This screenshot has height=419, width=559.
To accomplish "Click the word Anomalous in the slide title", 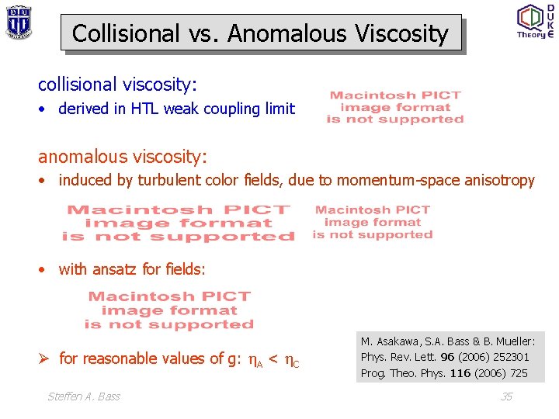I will [287, 33].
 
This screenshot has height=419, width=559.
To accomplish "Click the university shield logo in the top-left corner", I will [18, 22].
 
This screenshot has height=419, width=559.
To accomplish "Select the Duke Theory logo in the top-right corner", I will [535, 21].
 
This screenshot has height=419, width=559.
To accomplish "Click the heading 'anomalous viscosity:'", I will [123, 157].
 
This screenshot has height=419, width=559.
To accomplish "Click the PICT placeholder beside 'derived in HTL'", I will [395, 108].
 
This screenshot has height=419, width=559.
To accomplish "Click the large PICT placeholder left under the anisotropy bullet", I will [179, 223].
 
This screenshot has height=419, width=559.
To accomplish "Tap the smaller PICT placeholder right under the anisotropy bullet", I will [373, 222].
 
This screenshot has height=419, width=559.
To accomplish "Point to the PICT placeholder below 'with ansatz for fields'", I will [169, 310].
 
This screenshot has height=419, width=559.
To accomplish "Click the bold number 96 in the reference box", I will [447, 358].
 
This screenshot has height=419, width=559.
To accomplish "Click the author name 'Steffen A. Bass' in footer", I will [84, 396].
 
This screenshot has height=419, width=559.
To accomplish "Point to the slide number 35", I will [506, 396].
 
